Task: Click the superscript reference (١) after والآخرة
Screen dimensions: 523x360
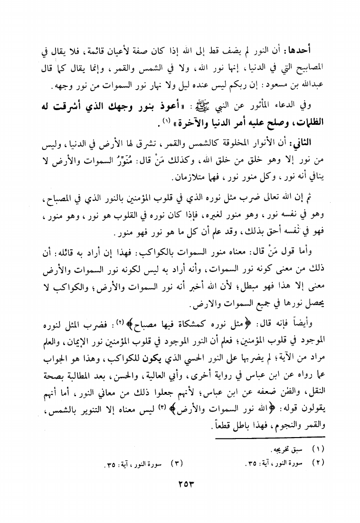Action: [167, 121]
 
